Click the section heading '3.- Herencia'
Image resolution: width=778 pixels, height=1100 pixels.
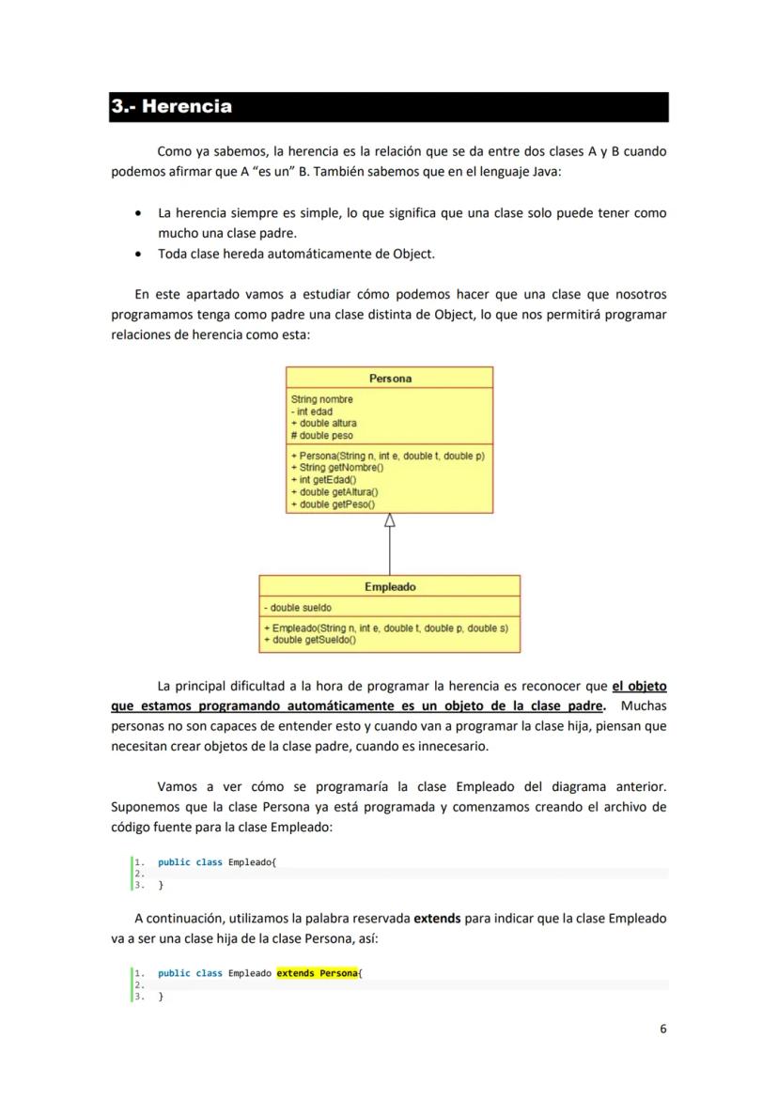pyautogui.click(x=172, y=106)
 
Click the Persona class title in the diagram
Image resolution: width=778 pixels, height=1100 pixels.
pyautogui.click(x=389, y=378)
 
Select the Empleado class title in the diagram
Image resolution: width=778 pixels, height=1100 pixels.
pyautogui.click(x=389, y=587)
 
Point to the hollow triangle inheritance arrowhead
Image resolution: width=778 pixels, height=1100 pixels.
pyautogui.click(x=389, y=520)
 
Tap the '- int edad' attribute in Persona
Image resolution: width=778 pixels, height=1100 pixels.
pyautogui.click(x=313, y=411)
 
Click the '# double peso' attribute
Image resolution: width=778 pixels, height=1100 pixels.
pyautogui.click(x=322, y=436)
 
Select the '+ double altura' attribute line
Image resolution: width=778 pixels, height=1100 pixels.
pyautogui.click(x=324, y=424)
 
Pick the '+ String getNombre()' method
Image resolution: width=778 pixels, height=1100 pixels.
pyautogui.click(x=337, y=467)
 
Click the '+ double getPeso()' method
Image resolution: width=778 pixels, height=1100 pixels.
pyautogui.click(x=334, y=504)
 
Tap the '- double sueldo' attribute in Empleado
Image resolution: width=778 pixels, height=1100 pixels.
pyautogui.click(x=298, y=608)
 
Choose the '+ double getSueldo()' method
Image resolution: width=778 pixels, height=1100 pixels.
pyautogui.click(x=310, y=640)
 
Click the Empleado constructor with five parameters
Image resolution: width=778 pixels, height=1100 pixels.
pyautogui.click(x=386, y=627)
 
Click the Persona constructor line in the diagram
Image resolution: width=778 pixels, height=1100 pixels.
pyautogui.click(x=388, y=456)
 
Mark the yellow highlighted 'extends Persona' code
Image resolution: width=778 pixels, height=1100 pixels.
pyautogui.click(x=317, y=973)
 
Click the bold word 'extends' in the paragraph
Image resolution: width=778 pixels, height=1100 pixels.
pyautogui.click(x=437, y=918)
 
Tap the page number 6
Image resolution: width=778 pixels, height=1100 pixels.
pyautogui.click(x=662, y=1029)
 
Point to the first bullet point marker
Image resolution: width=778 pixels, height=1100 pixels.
pyautogui.click(x=139, y=213)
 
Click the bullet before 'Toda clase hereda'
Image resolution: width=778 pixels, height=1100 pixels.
pyautogui.click(x=139, y=254)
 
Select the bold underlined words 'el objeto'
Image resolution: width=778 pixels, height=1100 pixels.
pyautogui.click(x=639, y=686)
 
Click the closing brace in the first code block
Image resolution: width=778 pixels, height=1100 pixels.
pyautogui.click(x=161, y=885)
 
